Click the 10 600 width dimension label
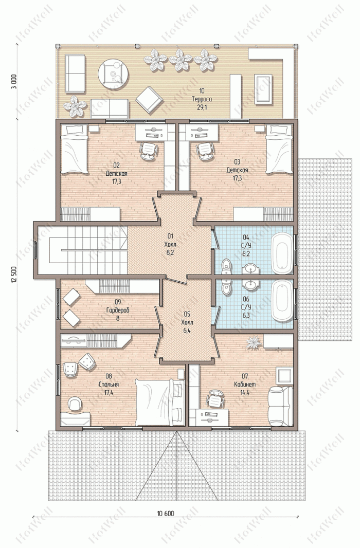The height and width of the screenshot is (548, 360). [165, 514]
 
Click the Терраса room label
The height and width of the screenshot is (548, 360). [202, 99]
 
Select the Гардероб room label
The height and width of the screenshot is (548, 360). [118, 310]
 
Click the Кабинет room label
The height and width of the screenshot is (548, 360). [245, 385]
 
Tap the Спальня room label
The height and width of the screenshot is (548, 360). [109, 385]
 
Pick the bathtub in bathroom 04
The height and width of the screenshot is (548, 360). [282, 253]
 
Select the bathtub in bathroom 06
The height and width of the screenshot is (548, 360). [282, 301]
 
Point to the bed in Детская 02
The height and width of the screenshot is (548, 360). [74, 149]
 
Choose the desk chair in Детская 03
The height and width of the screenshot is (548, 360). [204, 151]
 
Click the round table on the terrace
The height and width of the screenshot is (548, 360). [113, 74]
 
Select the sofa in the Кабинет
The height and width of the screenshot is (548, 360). [280, 406]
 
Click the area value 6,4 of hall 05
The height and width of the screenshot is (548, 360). [187, 330]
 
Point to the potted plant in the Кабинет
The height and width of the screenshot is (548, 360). [254, 342]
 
